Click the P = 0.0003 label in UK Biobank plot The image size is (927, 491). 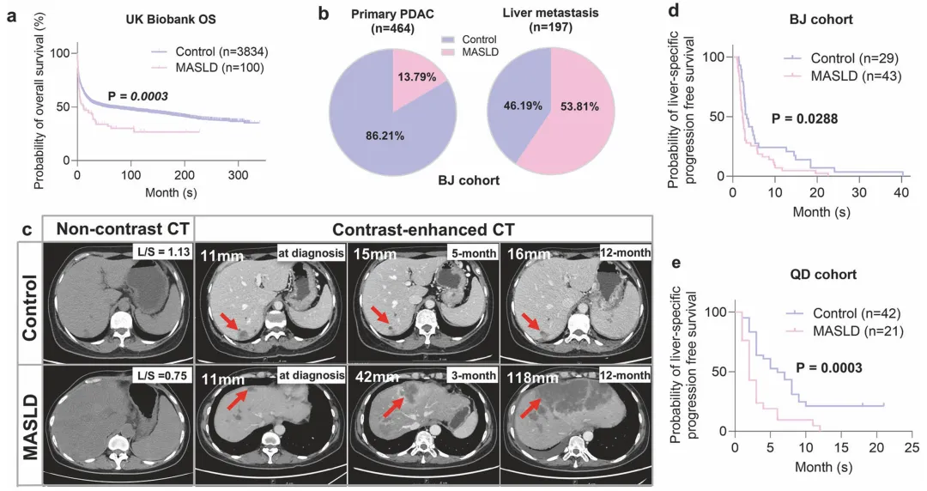tap(137, 96)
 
